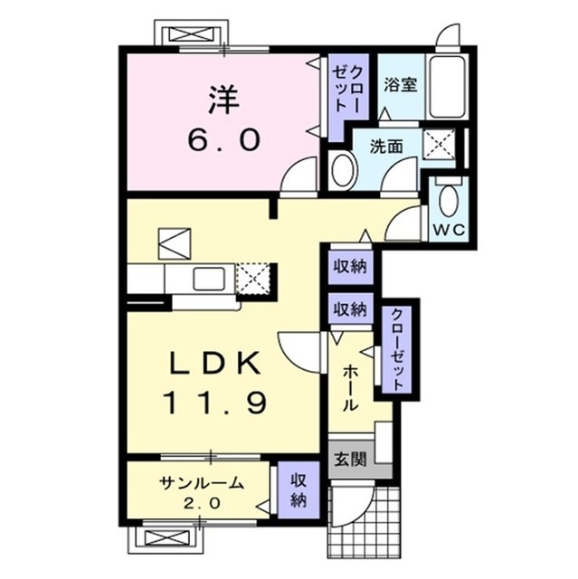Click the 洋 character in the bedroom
(224, 100)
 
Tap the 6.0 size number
(224, 140)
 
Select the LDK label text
(213, 364)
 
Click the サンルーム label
(202, 483)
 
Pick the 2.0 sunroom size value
(202, 503)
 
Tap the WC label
(449, 230)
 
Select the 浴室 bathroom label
(401, 85)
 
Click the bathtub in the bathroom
(447, 87)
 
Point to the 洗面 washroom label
(386, 147)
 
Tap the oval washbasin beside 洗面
(342, 171)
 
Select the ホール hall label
(350, 388)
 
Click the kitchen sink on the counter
(209, 279)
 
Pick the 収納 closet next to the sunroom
(298, 490)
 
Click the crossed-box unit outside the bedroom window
(191, 35)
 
